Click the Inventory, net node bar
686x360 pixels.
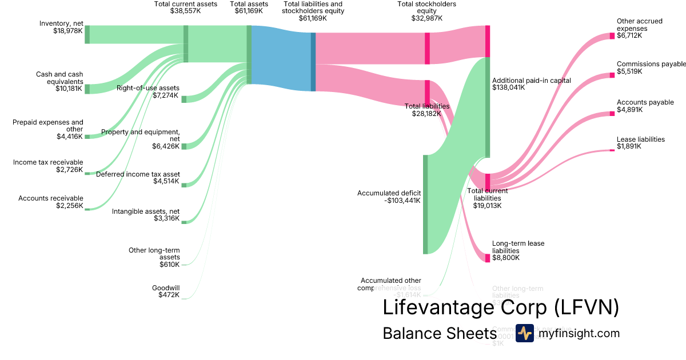click(x=87, y=34)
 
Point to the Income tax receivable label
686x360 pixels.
click(x=48, y=162)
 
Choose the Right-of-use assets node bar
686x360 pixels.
click(x=184, y=99)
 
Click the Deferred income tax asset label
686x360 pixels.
click(x=138, y=174)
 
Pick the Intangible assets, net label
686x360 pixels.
click(x=146, y=211)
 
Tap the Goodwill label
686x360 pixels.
click(x=166, y=287)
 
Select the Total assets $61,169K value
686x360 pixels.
click(x=249, y=11)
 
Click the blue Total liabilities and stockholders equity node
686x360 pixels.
click(x=313, y=62)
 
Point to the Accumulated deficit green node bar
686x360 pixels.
click(x=425, y=204)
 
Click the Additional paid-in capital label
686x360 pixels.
click(x=531, y=81)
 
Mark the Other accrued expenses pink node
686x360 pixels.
click(x=612, y=36)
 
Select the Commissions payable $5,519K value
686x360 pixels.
click(x=629, y=72)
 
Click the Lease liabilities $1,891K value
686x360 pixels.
click(x=629, y=146)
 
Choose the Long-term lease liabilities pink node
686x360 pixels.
click(x=488, y=258)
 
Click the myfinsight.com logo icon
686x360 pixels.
click(x=524, y=333)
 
